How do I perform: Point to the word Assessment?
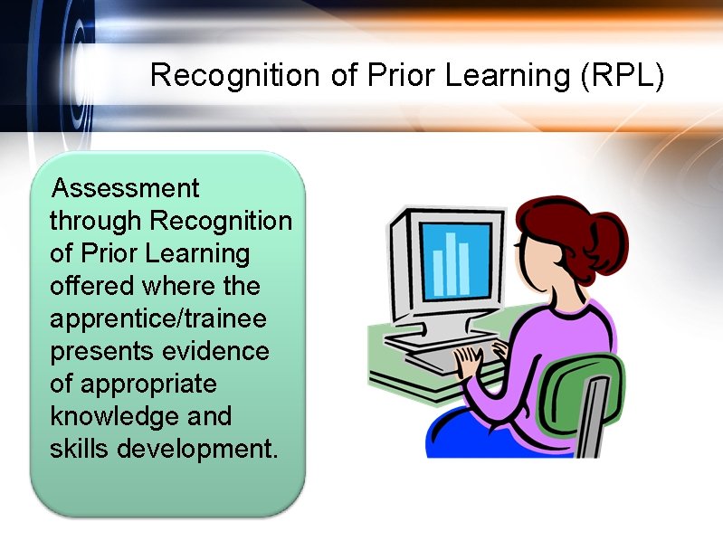tap(125, 188)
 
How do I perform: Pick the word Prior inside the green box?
tap(105, 253)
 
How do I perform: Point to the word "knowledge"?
tap(108, 416)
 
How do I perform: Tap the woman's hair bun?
tap(609, 237)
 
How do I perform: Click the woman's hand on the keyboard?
tap(469, 362)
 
